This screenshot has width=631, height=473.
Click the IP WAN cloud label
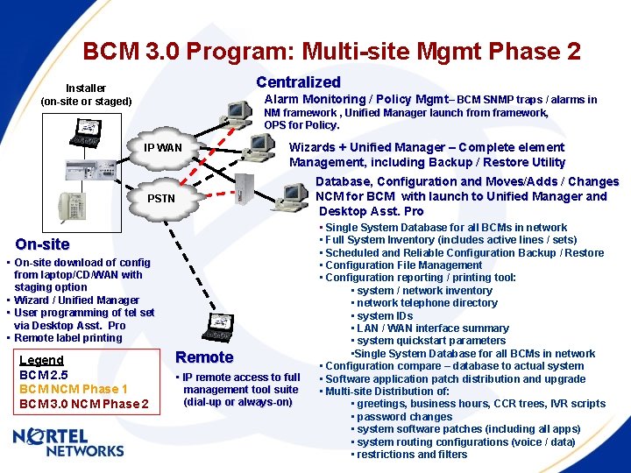tap(163, 147)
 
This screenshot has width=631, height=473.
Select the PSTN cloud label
tap(161, 199)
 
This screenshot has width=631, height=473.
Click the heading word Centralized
tap(298, 82)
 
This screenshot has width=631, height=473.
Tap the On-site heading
tap(42, 244)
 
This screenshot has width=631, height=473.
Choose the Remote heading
tap(204, 357)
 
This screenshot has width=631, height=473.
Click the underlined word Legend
tap(41, 360)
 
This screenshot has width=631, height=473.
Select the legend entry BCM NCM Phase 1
tap(74, 389)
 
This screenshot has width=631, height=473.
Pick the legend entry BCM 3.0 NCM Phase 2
tap(83, 404)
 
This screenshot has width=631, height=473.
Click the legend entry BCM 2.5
tap(44, 375)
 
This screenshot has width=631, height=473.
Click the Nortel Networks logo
tap(68, 443)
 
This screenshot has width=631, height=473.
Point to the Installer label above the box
tap(86, 88)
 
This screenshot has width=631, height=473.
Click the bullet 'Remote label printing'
tap(68, 338)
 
